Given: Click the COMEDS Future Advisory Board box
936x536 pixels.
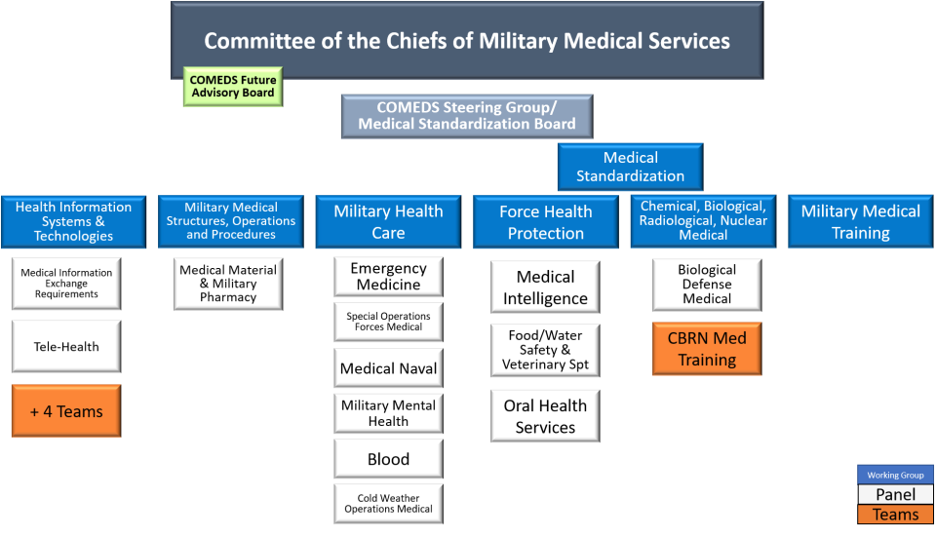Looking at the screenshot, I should [233, 86].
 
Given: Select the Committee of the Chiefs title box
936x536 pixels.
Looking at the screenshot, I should [466, 41].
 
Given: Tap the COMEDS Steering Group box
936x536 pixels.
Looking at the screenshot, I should [466, 116].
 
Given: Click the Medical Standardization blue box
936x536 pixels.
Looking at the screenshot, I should [630, 167].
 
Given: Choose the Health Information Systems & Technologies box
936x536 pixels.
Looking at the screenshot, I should [73, 221].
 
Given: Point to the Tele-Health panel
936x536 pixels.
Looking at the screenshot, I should [66, 346].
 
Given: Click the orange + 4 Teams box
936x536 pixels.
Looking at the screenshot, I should [66, 411].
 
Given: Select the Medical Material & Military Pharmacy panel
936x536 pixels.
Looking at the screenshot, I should [228, 284].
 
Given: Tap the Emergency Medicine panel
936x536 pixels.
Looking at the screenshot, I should [388, 277].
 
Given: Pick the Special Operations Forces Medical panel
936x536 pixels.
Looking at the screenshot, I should [388, 322].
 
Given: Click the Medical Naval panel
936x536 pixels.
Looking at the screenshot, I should [388, 369].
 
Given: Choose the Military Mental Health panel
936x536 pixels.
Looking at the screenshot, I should [388, 413].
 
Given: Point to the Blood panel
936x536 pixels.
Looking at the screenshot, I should [388, 459].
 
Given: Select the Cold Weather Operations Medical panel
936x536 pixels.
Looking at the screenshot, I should [388, 504].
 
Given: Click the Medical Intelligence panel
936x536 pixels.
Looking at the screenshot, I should [545, 287].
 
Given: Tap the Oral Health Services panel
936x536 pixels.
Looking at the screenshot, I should [545, 416].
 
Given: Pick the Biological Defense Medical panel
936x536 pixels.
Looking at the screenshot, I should [707, 284].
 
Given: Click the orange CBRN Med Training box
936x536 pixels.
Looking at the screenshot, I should [707, 349].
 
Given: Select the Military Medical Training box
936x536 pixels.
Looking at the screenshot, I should [860, 221].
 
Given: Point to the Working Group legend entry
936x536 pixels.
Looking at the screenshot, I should [895, 476].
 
